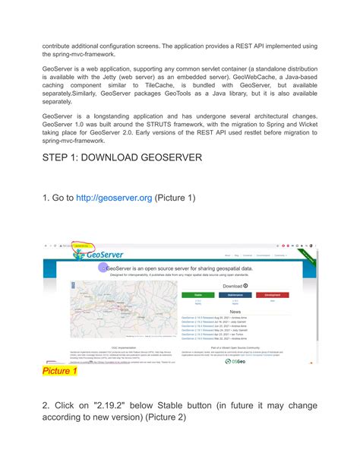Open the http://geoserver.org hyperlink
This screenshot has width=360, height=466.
tap(113, 198)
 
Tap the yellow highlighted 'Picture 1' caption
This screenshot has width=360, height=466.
tap(59, 371)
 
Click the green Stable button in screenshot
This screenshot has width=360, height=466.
tap(198, 294)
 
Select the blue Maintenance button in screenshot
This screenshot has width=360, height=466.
tap(235, 294)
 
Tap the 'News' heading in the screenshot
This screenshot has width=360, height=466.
tap(236, 311)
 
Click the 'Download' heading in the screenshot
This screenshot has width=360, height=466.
tap(232, 286)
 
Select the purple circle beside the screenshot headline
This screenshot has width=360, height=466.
tap(103, 268)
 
